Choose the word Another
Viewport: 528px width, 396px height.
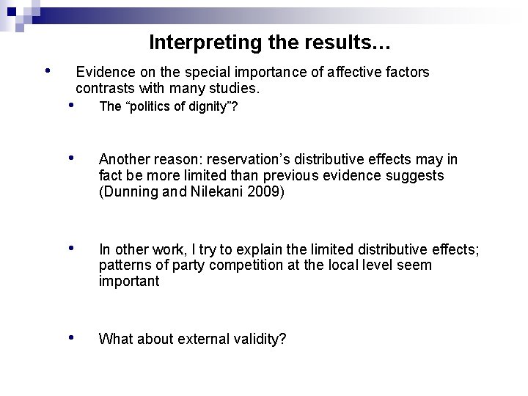pos(125,160)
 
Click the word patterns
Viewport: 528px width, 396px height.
pos(124,265)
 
